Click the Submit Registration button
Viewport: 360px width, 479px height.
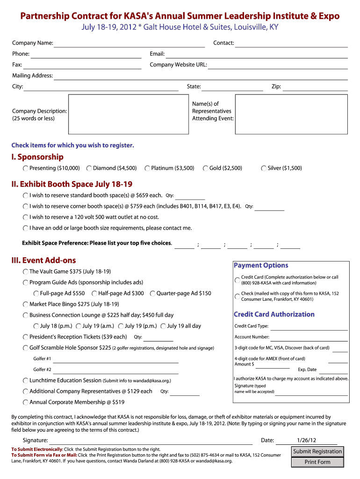pos(317,451)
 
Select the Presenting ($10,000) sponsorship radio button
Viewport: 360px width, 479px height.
pos(25,168)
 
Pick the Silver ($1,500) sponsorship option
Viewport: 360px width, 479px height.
pos(264,168)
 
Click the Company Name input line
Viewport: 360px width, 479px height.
pos(130,44)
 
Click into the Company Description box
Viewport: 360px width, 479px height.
pos(127,115)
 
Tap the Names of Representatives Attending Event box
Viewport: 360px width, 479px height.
pos(291,115)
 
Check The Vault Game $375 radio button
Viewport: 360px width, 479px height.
pos(25,272)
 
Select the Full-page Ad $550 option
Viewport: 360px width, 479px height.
pos(36,294)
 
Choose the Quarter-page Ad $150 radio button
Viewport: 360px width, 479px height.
pos(152,294)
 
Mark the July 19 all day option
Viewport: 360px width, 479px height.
pos(163,327)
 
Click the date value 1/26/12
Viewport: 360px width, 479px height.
pos(306,440)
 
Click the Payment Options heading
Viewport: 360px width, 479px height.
pos(261,265)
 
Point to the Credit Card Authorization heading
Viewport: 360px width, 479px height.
pos(274,314)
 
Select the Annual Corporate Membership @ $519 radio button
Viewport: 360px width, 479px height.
pos(25,402)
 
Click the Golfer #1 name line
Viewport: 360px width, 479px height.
pos(116,359)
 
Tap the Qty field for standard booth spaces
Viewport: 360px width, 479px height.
pos(190,196)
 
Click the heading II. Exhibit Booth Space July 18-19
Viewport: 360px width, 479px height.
pos(72,184)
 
